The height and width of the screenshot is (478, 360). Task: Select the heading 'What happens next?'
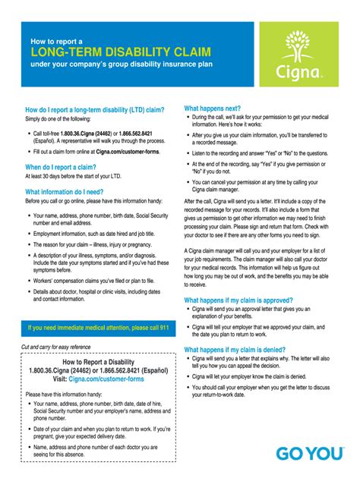click(218, 108)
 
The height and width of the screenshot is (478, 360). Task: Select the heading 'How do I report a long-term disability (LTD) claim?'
click(95, 109)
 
